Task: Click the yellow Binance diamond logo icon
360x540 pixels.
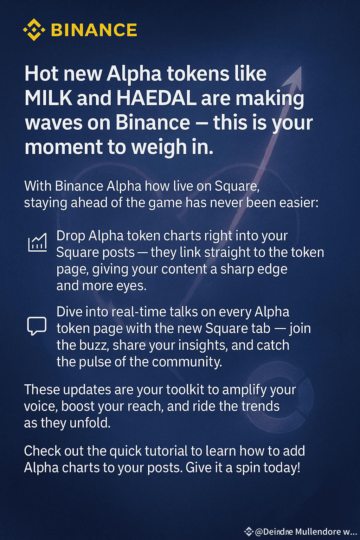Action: click(34, 30)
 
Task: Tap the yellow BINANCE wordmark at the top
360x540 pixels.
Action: click(94, 30)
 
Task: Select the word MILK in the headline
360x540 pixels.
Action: click(48, 98)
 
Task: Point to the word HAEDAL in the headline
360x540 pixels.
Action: click(156, 98)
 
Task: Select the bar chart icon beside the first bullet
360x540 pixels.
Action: click(37, 243)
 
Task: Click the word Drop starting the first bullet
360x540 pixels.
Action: click(70, 236)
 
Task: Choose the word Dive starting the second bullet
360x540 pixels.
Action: click(70, 312)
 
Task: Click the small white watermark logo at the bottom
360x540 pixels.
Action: click(249, 532)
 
